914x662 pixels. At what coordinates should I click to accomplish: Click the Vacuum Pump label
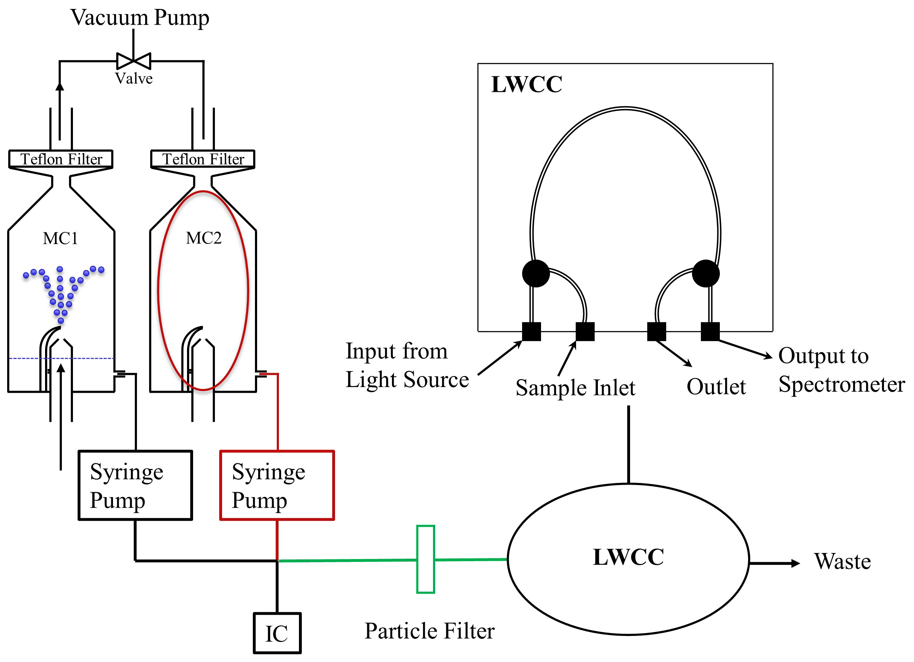(140, 18)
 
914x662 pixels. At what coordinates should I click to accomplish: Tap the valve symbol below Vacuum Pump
(133, 61)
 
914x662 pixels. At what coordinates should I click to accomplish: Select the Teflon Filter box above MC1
(61, 159)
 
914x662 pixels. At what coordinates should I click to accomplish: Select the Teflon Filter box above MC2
(203, 159)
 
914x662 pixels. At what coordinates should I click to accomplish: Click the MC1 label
(60, 238)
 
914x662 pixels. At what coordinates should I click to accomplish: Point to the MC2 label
(203, 238)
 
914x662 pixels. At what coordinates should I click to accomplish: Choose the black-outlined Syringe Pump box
(135, 485)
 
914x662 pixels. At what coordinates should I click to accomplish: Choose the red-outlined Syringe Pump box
(277, 485)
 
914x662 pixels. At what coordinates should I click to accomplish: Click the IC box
(277, 633)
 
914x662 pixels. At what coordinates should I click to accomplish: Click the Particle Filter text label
(429, 631)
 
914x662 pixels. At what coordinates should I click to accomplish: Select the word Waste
(842, 561)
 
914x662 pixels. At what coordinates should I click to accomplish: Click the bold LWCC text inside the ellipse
(628, 557)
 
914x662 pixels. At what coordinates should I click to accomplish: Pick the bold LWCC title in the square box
(526, 84)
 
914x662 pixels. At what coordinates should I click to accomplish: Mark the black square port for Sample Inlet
(585, 331)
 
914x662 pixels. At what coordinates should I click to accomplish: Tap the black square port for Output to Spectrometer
(710, 331)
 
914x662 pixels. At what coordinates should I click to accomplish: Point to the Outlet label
(716, 386)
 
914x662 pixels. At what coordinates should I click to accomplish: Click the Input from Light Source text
(407, 365)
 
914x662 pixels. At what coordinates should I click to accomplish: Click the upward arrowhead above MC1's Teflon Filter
(60, 86)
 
